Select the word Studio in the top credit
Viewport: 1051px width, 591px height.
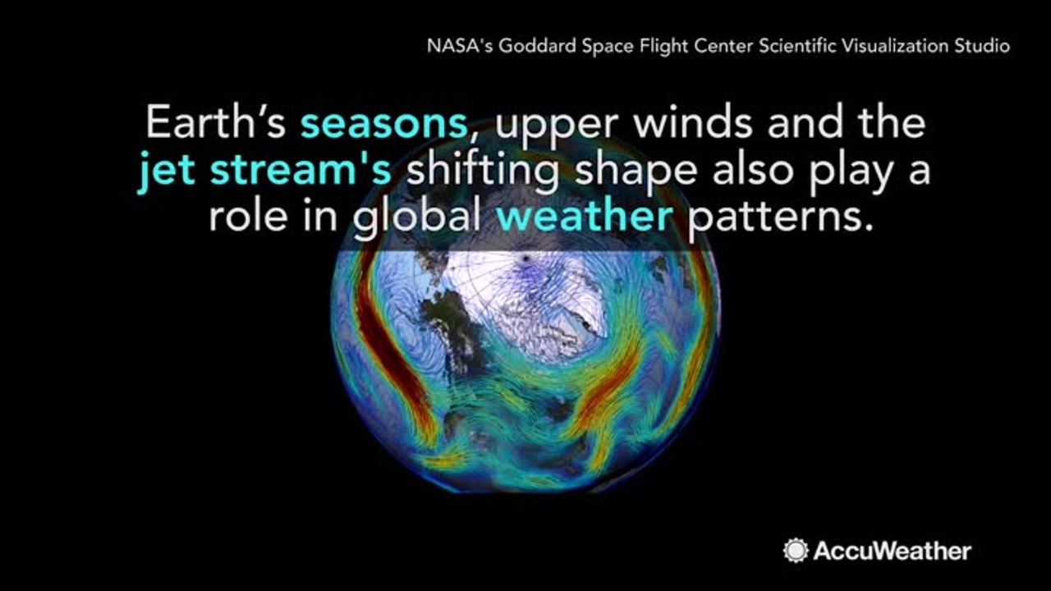click(982, 46)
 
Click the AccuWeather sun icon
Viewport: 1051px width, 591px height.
click(795, 550)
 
